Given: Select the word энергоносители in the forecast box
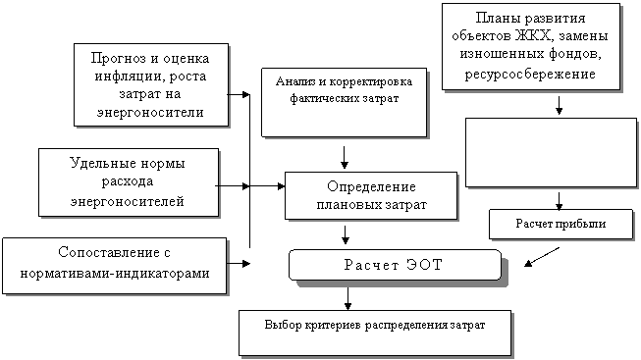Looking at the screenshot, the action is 150,113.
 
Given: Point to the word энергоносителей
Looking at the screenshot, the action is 128,201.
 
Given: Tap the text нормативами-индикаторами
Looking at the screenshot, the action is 115,273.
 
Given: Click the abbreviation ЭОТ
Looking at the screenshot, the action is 424,265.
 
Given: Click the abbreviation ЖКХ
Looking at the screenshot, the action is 533,36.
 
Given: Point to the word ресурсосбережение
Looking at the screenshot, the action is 530,75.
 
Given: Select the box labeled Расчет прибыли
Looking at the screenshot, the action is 561,224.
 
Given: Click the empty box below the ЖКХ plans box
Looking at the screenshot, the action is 551,153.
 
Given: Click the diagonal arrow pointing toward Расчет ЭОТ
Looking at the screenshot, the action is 542,257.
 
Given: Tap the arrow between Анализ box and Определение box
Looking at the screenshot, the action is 345,158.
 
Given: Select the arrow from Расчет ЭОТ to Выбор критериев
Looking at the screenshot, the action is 347,299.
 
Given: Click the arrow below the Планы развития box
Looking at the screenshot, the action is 560,105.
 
